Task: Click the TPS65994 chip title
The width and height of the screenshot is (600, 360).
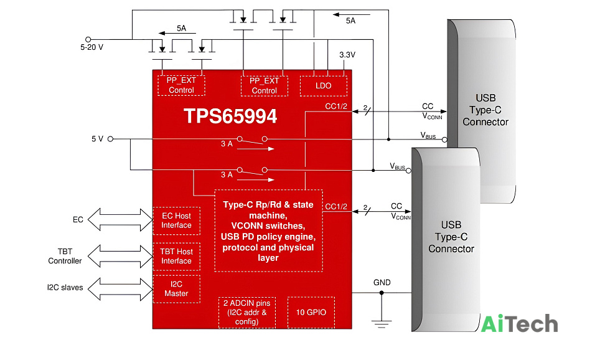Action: [x=230, y=116]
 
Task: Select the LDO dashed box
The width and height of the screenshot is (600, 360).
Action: [x=324, y=86]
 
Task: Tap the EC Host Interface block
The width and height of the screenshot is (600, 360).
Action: [x=176, y=220]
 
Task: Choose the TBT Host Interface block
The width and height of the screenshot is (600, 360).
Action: [x=176, y=256]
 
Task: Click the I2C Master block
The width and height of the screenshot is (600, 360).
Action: [x=176, y=289]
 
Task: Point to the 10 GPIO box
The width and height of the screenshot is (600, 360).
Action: [x=311, y=312]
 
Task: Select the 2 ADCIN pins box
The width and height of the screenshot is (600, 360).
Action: [x=247, y=312]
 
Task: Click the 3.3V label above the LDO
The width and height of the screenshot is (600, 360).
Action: [x=347, y=55]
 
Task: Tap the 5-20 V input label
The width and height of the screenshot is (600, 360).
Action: [x=92, y=47]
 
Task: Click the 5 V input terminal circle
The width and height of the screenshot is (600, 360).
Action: [x=110, y=139]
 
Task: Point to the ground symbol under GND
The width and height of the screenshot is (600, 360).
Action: [x=382, y=324]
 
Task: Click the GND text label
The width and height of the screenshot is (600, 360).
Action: [x=382, y=283]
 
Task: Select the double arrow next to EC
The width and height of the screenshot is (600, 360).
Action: [x=120, y=220]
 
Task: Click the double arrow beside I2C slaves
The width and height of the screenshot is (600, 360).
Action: [x=120, y=289]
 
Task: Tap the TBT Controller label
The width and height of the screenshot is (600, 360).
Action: [x=65, y=256]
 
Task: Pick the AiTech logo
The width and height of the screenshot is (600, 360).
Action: [x=519, y=324]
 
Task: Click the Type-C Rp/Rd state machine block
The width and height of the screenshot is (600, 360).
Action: [x=268, y=230]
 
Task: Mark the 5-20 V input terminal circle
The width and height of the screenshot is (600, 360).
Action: [x=88, y=39]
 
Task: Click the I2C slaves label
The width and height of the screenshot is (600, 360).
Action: [x=65, y=288]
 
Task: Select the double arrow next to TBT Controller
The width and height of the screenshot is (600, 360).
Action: [x=120, y=256]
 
